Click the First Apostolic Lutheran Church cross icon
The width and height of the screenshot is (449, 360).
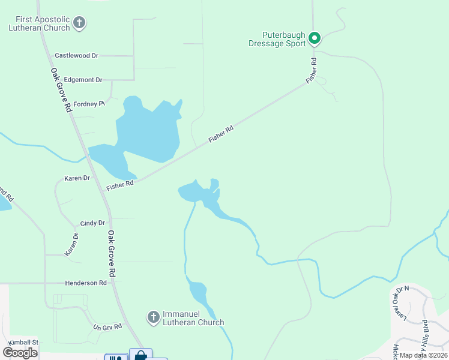(79, 24)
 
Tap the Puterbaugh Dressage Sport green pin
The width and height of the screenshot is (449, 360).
(314, 39)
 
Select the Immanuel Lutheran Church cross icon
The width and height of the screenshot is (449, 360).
(153, 316)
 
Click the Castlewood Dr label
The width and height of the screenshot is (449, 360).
(76, 56)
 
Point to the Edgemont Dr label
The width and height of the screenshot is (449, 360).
(83, 80)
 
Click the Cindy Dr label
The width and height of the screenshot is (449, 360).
(92, 223)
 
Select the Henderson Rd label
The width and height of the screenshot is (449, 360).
(86, 283)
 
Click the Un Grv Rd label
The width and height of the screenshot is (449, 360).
(107, 327)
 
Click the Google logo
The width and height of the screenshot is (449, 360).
(20, 352)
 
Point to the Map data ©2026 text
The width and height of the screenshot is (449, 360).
(423, 355)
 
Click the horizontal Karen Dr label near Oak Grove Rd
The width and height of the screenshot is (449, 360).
(77, 178)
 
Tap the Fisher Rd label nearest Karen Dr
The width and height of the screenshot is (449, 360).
(120, 185)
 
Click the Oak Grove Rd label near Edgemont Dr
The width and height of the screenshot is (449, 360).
(61, 90)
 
